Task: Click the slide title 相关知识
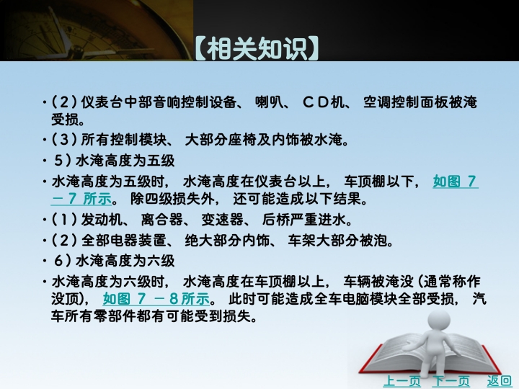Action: point(257,49)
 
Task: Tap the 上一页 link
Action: point(402,381)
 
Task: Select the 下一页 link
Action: point(451,381)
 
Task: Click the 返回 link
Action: point(499,381)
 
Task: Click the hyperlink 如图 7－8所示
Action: point(156,299)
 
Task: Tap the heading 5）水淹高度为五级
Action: point(114,161)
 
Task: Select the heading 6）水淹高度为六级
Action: point(114,261)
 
